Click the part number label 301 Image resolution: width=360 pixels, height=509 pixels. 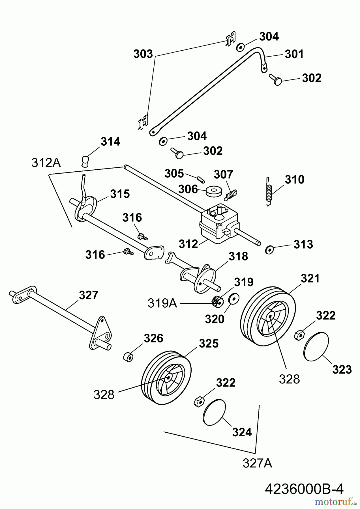pos(294,54)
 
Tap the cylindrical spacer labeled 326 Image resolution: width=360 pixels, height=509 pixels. pos(128,357)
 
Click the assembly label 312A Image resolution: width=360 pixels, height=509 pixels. pos(46,163)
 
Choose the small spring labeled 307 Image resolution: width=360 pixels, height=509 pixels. pos(232,195)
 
